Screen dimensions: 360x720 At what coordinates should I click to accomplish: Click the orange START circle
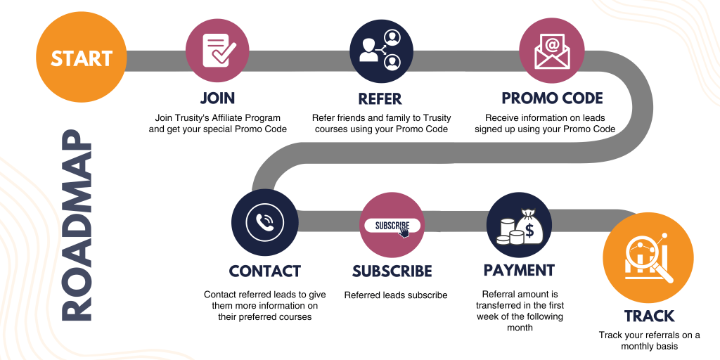82,59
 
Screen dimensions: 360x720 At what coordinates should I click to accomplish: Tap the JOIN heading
217,98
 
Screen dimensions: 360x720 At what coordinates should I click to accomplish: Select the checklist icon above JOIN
217,50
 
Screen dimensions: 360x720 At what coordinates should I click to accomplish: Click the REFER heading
382,98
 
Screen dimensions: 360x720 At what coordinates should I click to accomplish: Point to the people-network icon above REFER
382,50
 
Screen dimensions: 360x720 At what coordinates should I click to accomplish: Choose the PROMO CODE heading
552,98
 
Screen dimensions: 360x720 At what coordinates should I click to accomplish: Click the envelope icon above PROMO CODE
552,50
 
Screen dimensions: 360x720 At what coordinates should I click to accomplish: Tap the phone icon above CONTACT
264,222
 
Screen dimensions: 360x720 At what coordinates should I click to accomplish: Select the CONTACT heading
264,271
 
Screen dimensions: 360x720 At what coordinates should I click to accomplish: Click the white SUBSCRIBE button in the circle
392,226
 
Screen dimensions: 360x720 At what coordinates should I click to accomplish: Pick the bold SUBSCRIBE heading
392,271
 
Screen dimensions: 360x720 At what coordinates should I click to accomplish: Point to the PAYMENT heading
519,271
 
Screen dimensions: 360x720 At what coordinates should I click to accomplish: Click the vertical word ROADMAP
76,226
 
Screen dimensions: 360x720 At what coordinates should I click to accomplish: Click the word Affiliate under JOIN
231,117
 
